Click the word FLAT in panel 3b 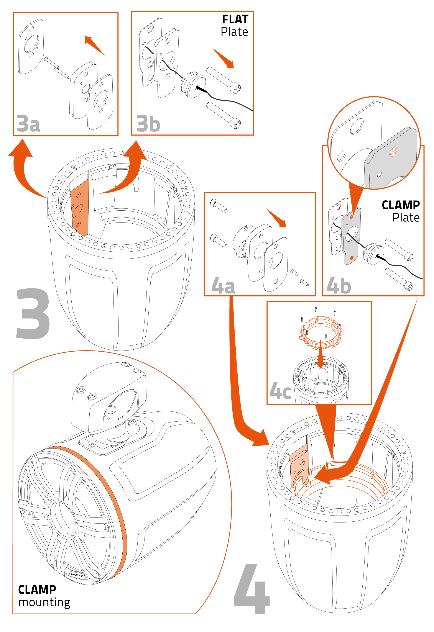(235, 19)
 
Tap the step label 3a (28, 124)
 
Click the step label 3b (148, 124)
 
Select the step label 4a (223, 286)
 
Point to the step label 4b (339, 286)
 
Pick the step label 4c (280, 391)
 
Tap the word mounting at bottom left (44, 602)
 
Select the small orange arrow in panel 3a (94, 45)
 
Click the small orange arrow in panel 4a (276, 218)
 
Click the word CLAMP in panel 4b (401, 205)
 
